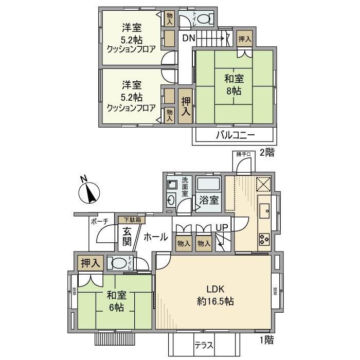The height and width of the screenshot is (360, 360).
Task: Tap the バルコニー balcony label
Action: pos(234,136)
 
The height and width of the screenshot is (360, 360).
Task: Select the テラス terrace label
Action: pos(204,346)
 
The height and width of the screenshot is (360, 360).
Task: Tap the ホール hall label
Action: pos(155,237)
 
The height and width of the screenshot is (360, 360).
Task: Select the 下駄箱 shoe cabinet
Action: pos(132,220)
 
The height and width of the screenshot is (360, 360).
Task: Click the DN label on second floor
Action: pos(188,37)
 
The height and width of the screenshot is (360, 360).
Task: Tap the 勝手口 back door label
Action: pos(242,153)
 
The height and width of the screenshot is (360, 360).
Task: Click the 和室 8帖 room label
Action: pos(234,85)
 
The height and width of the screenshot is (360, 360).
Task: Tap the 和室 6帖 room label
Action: pos(116,301)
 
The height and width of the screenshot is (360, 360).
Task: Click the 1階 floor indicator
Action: pos(266,339)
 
